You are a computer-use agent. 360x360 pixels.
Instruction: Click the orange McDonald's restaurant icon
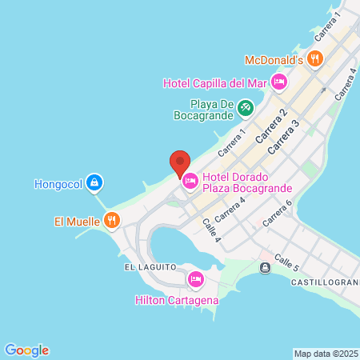[x=315, y=58]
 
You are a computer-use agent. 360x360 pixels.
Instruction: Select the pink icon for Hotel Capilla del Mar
[x=279, y=81]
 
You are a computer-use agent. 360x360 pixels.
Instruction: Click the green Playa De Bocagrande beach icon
[x=246, y=106]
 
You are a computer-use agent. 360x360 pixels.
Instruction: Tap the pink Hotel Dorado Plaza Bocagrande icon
[x=190, y=182]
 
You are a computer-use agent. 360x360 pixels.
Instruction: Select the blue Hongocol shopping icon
[x=95, y=183]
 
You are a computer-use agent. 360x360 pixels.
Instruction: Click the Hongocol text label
[x=58, y=183]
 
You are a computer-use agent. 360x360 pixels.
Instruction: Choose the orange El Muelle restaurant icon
[x=112, y=220]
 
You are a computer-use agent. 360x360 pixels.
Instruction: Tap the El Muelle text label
[x=77, y=220]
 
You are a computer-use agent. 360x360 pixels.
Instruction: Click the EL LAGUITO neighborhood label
[x=149, y=266]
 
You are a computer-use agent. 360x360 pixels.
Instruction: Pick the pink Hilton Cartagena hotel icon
[x=195, y=279]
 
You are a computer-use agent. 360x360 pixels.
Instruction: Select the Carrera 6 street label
[x=278, y=213]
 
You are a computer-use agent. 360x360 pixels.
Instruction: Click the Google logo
[x=26, y=350]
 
